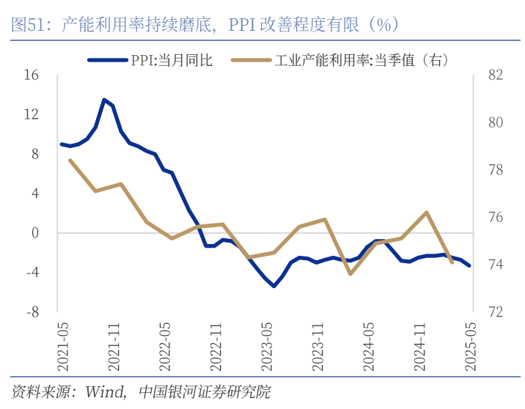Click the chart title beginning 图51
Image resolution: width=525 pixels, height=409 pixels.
tap(205, 24)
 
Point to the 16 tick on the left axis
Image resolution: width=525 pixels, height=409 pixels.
tap(31, 75)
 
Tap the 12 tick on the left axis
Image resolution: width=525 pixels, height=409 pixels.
tap(31, 114)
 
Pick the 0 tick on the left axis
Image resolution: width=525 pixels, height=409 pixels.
tap(34, 233)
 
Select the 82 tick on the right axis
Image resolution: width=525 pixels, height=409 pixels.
tap(495, 75)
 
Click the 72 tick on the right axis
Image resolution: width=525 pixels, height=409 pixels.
tap(495, 312)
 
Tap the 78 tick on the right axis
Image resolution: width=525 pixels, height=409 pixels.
tap(495, 170)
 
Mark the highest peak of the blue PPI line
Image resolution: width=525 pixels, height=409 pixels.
tap(104, 100)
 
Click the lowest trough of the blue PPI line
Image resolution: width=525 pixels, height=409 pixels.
tap(273, 286)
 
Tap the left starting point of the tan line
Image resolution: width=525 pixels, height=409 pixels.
tap(70, 160)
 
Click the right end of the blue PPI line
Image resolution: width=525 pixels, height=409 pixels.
tap(469, 265)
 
